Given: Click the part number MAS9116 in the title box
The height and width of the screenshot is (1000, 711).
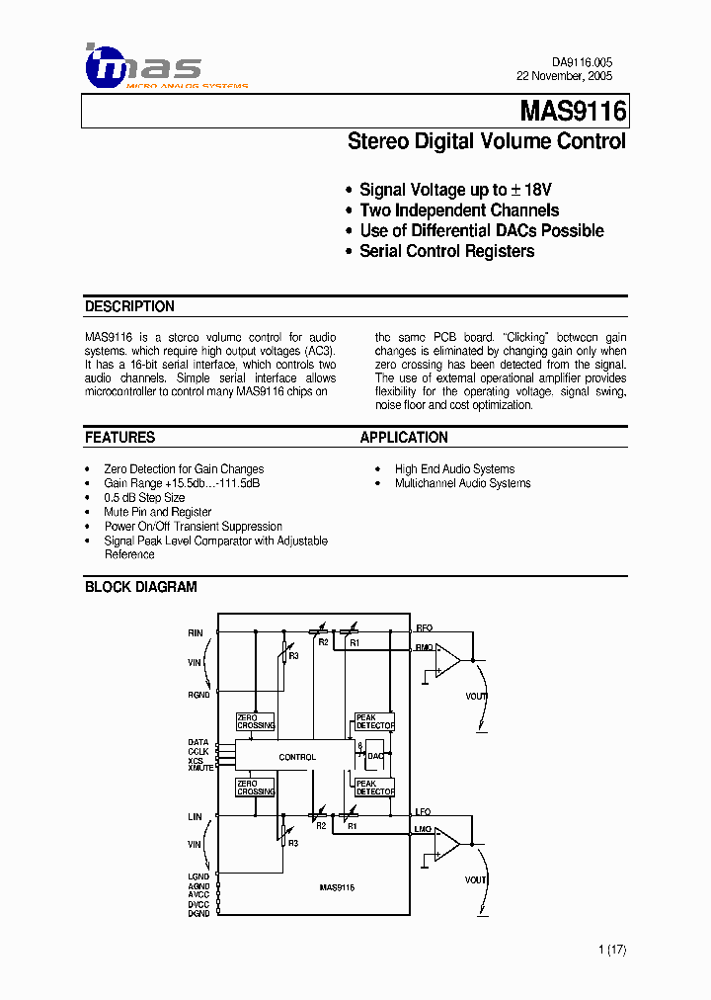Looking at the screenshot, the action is tap(573, 112).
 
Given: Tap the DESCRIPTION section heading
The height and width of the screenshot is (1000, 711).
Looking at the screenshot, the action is tap(129, 306).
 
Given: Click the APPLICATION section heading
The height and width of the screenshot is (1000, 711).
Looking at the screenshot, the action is tap(404, 437).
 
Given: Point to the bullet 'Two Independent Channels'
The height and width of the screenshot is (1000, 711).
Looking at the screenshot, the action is tap(459, 210).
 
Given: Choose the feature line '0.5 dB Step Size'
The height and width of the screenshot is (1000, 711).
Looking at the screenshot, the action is tap(144, 498).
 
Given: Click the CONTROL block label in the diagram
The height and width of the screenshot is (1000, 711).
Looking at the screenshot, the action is tap(297, 757).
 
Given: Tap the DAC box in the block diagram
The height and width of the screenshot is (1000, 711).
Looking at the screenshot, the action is tap(375, 756).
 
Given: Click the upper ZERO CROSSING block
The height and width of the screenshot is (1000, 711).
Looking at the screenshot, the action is tap(256, 722).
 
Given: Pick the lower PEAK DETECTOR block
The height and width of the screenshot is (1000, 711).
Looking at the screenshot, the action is tap(374, 788).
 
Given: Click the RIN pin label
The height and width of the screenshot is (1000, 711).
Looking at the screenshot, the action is tap(196, 632).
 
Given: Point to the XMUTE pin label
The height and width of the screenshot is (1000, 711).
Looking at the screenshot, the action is tap(199, 768).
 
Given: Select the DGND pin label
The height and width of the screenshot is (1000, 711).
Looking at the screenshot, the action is tap(198, 914).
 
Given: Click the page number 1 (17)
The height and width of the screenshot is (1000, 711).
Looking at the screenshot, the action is tap(612, 950).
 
